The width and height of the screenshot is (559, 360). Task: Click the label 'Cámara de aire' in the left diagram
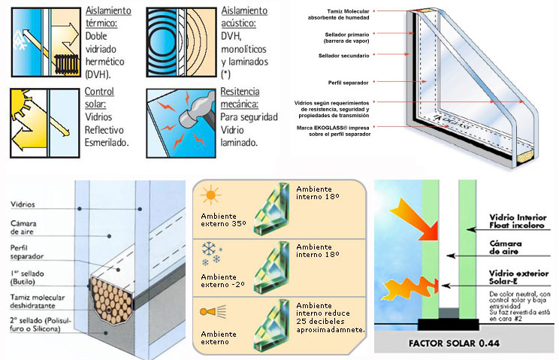point(24,228)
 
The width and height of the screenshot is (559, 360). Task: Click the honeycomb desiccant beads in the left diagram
point(110,298)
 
